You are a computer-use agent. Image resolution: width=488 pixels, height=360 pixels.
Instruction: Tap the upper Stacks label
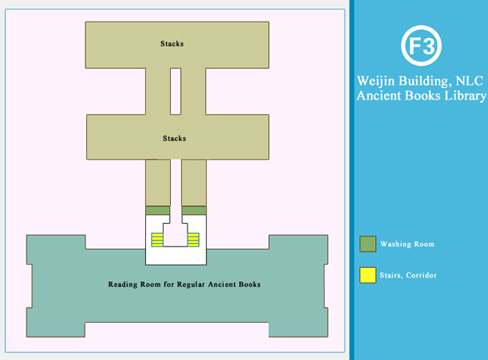[x=172, y=44]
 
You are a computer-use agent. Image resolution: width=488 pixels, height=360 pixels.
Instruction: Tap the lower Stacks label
[x=174, y=139]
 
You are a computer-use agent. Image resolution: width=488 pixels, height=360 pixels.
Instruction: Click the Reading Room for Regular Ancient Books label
[x=184, y=285]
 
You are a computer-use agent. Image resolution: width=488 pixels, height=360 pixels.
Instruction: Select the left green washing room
[x=158, y=211]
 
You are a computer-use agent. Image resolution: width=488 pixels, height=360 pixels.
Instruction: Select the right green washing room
[x=194, y=211]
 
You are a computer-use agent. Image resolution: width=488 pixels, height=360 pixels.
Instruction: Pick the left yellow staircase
[x=157, y=240]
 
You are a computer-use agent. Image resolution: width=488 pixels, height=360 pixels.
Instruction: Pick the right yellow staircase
[x=193, y=240]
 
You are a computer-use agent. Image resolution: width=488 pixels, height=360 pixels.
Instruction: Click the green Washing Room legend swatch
[x=368, y=244]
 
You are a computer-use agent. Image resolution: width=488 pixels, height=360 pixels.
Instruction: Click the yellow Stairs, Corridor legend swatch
[x=368, y=275]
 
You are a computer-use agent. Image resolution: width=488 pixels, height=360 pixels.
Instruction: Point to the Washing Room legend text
[x=407, y=244]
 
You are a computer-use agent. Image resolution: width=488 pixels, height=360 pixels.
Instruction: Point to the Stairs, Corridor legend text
[x=408, y=275]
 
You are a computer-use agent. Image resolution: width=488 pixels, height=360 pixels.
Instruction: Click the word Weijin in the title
[x=376, y=81]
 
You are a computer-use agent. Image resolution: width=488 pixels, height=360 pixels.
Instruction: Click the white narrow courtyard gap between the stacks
[x=176, y=91]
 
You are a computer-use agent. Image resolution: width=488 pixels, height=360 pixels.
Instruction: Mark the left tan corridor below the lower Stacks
[x=158, y=182]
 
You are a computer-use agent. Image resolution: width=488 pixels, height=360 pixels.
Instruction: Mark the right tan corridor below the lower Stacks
[x=194, y=182]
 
